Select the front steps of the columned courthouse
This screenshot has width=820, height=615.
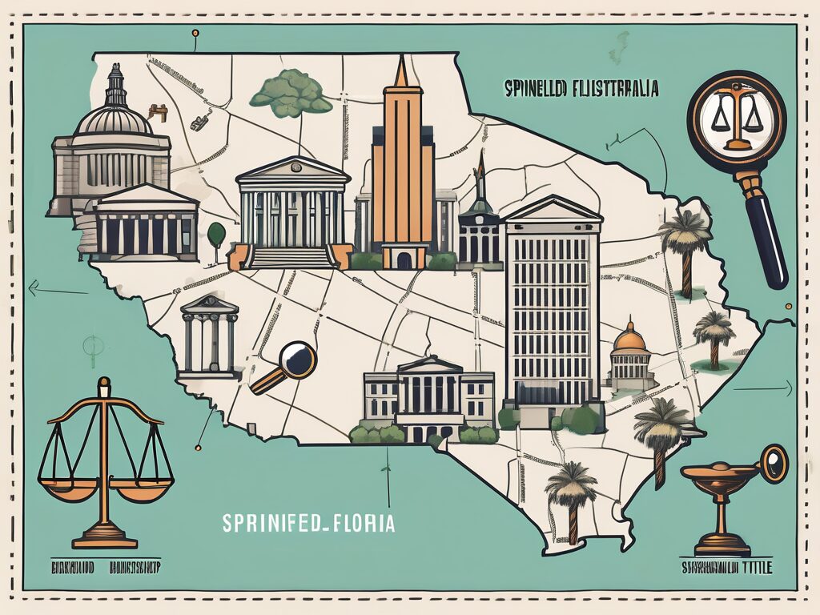(x=291, y=256)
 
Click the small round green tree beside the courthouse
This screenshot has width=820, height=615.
(x=216, y=233)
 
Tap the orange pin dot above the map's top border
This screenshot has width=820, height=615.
(x=195, y=34)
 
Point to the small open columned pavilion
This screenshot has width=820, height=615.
(x=210, y=336)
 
